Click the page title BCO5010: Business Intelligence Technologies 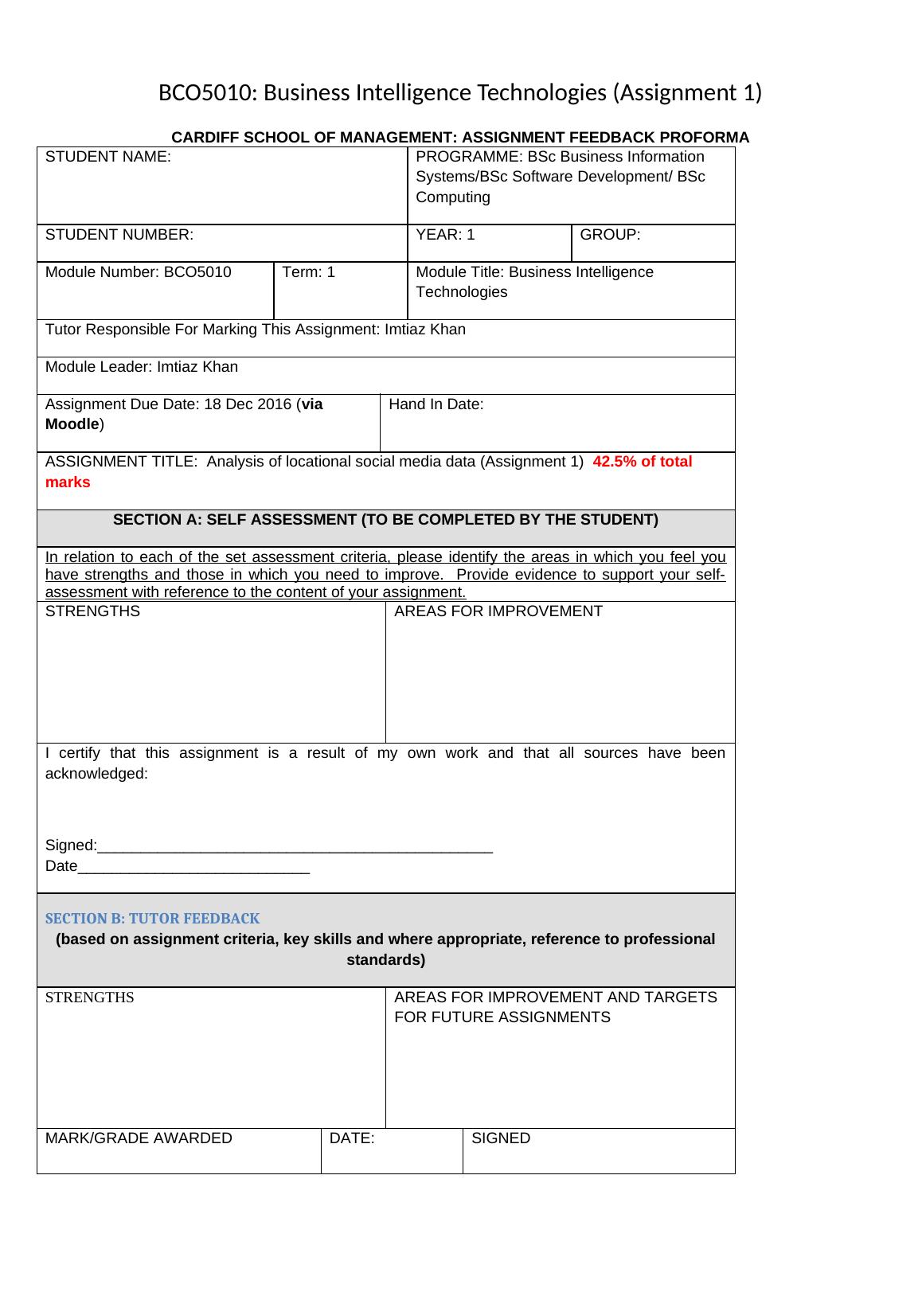tap(459, 93)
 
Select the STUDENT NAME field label tap(108, 157)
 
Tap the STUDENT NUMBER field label tap(119, 235)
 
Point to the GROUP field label tap(610, 235)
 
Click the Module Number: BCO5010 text tap(139, 272)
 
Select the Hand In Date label tap(436, 404)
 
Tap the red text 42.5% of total tap(642, 462)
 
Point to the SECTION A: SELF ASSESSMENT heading tap(385, 520)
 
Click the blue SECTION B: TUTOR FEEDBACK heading tap(152, 919)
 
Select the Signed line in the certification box tap(269, 845)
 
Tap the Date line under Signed tap(177, 866)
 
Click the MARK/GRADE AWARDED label tap(139, 1138)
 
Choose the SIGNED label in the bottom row tap(501, 1138)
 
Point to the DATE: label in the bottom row tap(352, 1138)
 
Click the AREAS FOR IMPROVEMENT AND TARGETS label tap(555, 998)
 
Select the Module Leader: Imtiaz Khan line tap(142, 367)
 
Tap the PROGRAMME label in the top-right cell tap(469, 157)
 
